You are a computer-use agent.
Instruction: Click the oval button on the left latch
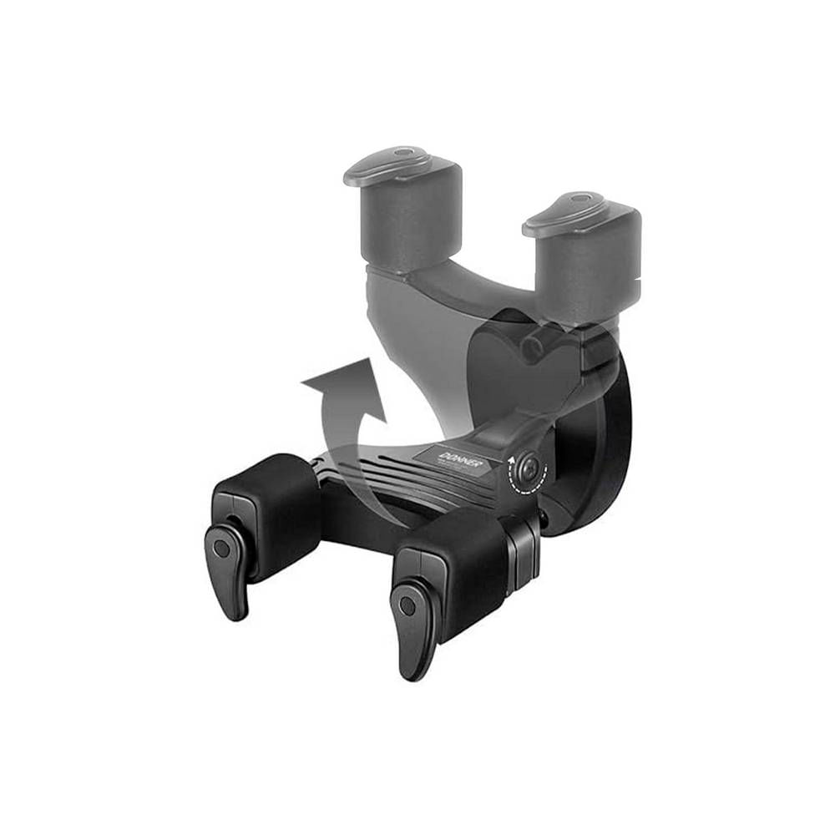pyautogui.click(x=220, y=549)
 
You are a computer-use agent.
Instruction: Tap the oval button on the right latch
pyautogui.click(x=407, y=605)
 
